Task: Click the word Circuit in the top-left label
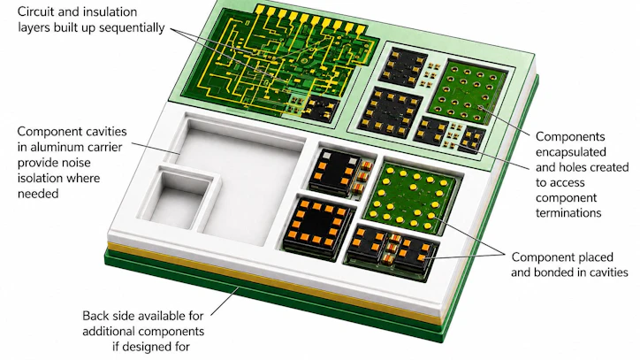point(35,11)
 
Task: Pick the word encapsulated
point(571,152)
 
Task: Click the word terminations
point(568,213)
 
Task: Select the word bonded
point(545,272)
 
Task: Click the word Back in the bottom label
point(95,316)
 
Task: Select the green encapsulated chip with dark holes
point(466,92)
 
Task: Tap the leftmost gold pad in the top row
point(261,10)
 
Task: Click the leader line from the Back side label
point(225,302)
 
